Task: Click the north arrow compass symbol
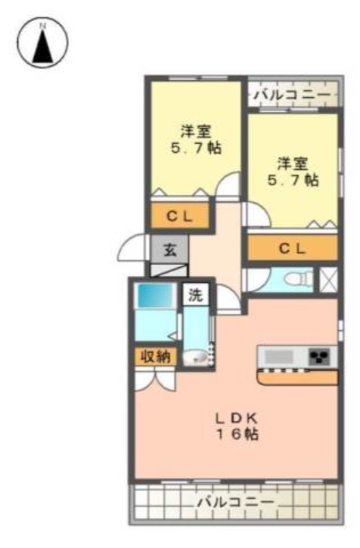point(42,42)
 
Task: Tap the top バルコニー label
point(292,95)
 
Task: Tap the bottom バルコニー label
point(236,503)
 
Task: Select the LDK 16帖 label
point(237,426)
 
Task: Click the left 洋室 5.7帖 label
point(196,140)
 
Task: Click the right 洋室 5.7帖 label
point(293,172)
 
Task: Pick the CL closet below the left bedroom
point(180,216)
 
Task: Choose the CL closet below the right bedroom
point(293,248)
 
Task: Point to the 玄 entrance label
point(170,249)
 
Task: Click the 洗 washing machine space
point(195,295)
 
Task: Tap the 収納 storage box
point(156,357)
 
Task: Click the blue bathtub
point(156,296)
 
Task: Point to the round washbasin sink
point(195,357)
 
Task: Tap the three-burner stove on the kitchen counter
point(319,356)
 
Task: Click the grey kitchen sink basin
point(279,356)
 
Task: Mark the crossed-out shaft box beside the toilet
point(329,279)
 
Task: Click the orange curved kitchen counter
point(298,377)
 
